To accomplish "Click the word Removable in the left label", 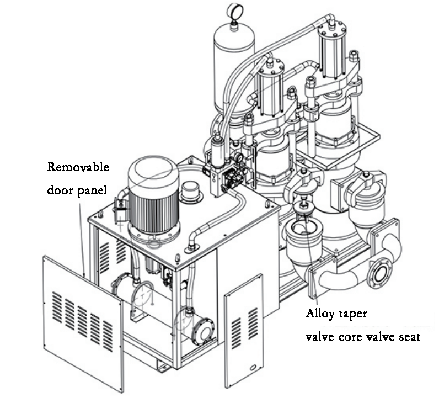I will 78,167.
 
